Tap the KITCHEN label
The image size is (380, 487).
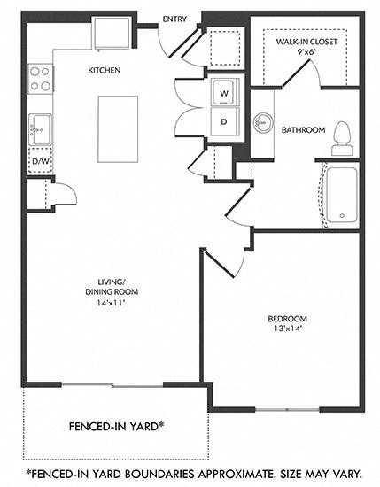[x=104, y=70]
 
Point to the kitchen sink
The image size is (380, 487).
[x=40, y=129]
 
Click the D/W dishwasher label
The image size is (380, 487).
[x=40, y=161]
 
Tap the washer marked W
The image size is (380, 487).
[x=223, y=92]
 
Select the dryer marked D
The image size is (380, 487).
[x=223, y=120]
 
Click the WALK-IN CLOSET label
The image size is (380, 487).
[x=306, y=41]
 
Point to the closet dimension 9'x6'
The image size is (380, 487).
[x=306, y=52]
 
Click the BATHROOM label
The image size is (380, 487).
[x=304, y=130]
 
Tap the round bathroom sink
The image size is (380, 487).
[x=263, y=121]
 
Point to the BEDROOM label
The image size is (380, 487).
[x=287, y=319]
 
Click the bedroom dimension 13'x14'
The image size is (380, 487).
[x=287, y=330]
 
